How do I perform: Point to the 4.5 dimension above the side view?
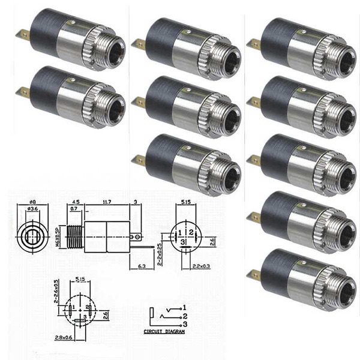(x=76, y=202)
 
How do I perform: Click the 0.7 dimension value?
(x=73, y=210)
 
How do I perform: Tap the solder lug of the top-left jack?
(x=22, y=35)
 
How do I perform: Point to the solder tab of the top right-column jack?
(x=253, y=43)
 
